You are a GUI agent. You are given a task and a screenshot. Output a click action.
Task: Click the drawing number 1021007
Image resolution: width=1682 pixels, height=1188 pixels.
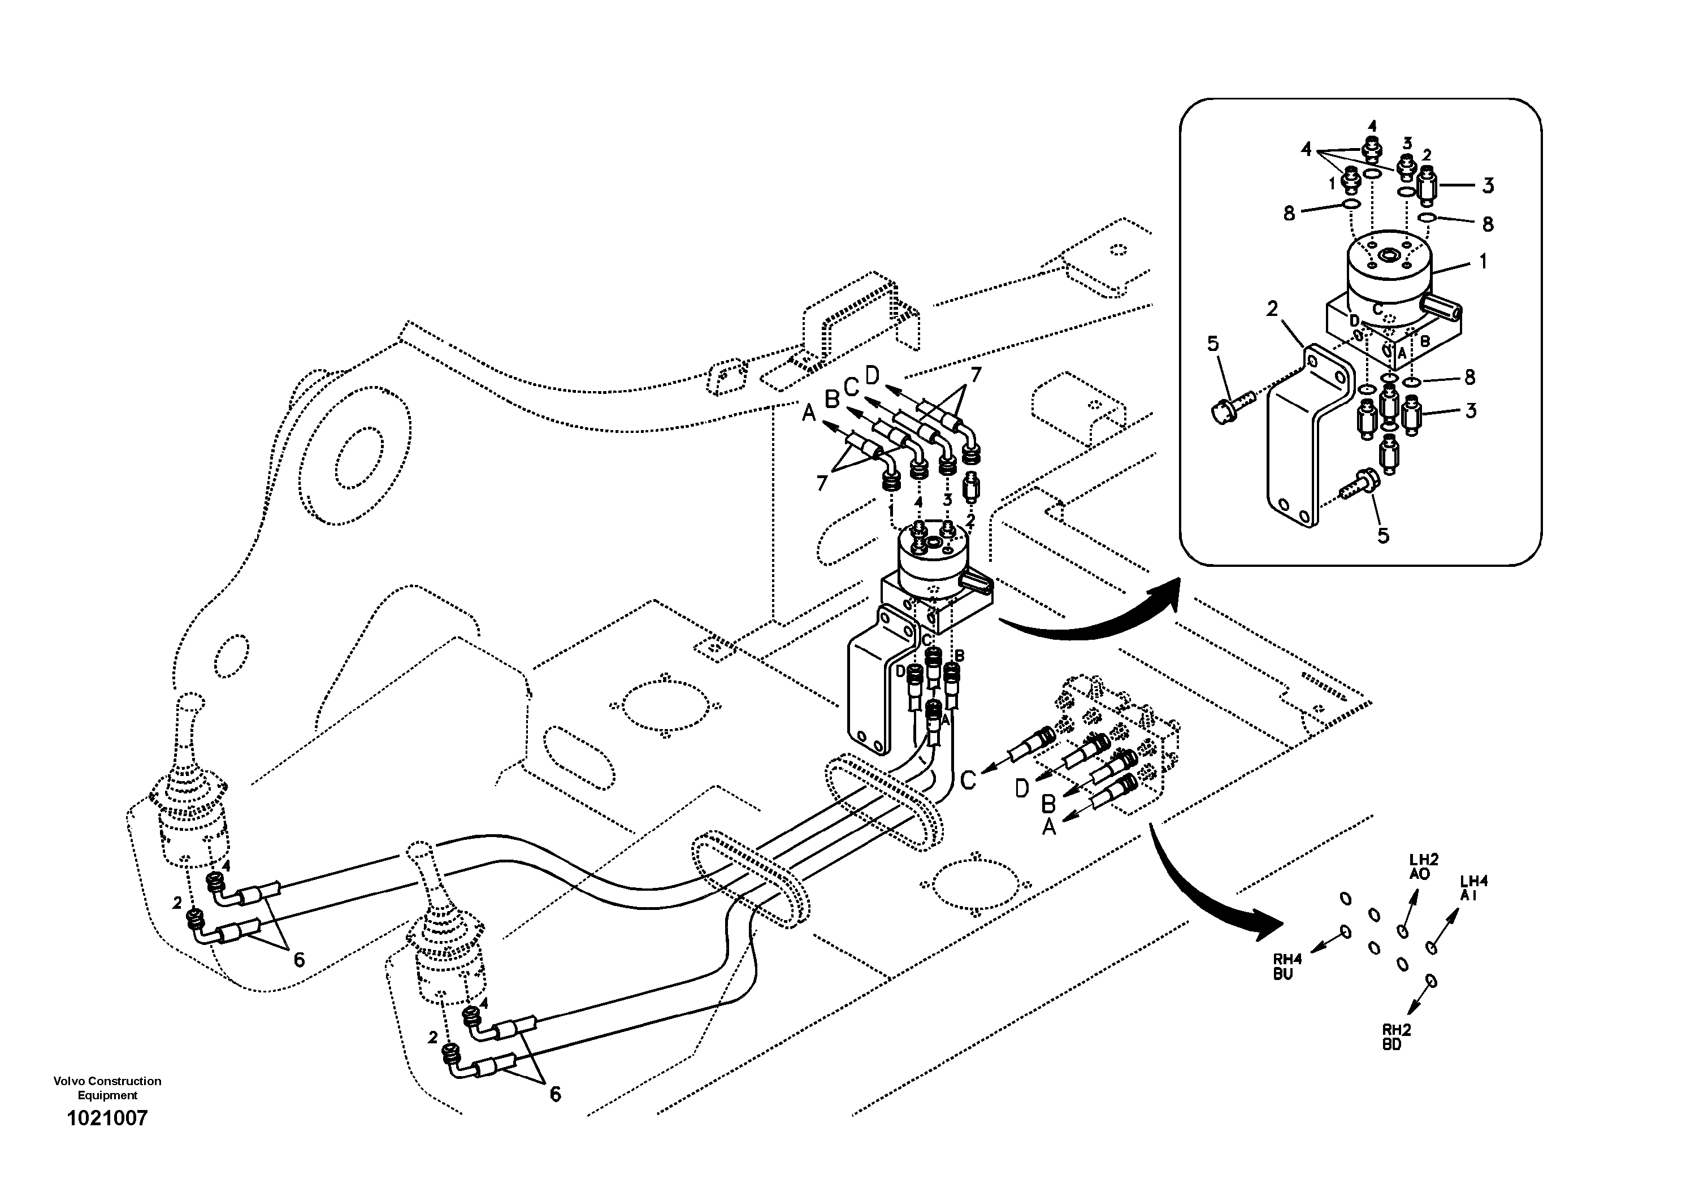click(107, 1118)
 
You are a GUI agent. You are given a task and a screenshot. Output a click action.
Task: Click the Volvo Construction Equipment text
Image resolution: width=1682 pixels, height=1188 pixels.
click(107, 1087)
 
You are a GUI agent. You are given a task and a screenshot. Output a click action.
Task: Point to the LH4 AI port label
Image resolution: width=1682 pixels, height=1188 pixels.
click(1474, 888)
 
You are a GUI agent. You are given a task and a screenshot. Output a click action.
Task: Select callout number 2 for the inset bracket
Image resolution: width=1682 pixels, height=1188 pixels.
click(1272, 309)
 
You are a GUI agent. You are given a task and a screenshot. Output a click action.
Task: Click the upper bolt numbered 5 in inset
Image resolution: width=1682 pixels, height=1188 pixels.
click(1213, 344)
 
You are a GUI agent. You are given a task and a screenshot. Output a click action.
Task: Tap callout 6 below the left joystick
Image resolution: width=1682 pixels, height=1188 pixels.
click(299, 960)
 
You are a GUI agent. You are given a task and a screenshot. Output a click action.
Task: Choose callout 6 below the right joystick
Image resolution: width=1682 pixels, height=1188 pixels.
click(555, 1094)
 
